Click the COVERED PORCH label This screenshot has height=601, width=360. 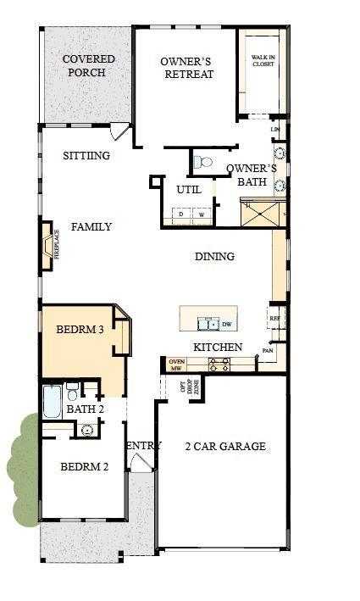tap(89, 66)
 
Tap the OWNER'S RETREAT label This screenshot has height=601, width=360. tap(186, 67)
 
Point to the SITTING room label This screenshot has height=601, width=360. tap(86, 156)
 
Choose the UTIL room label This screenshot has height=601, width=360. tap(188, 190)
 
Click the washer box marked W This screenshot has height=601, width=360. tap(202, 215)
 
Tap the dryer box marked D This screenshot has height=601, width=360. tap(181, 215)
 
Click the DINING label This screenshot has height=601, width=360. tap(214, 257)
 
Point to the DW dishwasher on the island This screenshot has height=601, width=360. tap(227, 324)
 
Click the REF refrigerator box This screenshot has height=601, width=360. tap(274, 320)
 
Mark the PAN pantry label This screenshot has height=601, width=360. tap(268, 350)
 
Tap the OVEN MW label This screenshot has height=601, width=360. tap(176, 364)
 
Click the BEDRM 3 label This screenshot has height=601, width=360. tap(80, 330)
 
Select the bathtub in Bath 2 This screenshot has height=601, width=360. tap(52, 402)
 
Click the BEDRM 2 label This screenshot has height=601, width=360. tap(84, 466)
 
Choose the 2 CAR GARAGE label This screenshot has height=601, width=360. tap(225, 446)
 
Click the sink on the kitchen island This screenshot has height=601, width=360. tap(206, 323)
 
